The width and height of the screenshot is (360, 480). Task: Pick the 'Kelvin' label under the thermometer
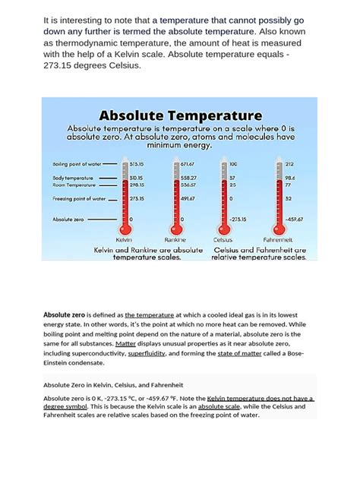pos(124,238)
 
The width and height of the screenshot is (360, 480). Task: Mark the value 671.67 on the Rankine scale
pos(188,163)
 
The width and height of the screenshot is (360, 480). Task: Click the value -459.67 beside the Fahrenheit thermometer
pos(293,219)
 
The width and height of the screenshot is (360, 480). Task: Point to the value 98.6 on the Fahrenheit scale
pos(289,177)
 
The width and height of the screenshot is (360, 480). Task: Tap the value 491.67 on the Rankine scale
pos(188,199)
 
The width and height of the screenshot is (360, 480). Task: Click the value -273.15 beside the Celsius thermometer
pos(239,219)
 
